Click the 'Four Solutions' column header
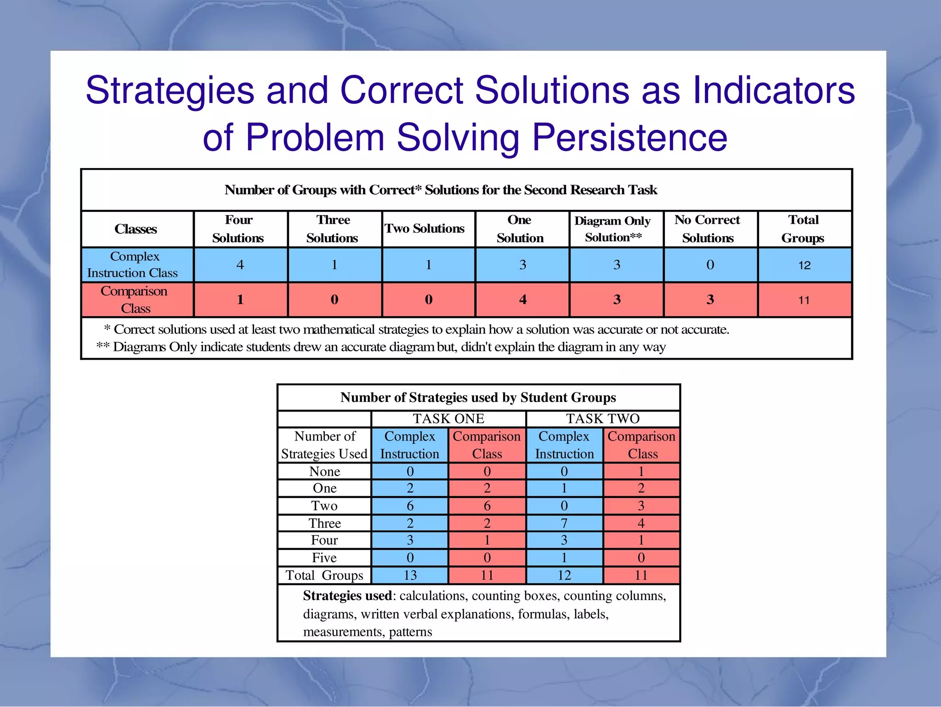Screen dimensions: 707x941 click(x=238, y=229)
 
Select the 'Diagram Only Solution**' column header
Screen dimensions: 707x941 click(x=613, y=229)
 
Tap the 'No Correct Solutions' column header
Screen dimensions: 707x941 click(x=708, y=229)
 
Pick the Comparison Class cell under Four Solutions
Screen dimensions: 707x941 click(x=240, y=300)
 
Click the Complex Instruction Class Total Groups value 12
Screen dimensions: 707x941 click(x=804, y=265)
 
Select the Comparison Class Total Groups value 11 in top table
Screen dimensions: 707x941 click(x=804, y=300)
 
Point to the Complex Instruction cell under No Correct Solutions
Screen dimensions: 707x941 click(x=710, y=265)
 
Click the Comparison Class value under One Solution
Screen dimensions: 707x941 click(x=522, y=300)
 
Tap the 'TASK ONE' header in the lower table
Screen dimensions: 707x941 click(x=448, y=419)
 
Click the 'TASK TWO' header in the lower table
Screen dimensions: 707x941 click(x=602, y=419)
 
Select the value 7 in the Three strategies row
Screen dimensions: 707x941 click(x=564, y=523)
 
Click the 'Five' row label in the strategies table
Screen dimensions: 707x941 click(x=324, y=558)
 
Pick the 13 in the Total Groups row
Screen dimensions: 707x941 click(x=410, y=575)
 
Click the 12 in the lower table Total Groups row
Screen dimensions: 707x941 click(x=564, y=575)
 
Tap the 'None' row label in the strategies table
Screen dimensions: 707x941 click(x=324, y=471)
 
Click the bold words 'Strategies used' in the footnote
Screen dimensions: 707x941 click(x=347, y=596)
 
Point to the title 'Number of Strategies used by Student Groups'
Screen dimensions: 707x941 click(x=478, y=397)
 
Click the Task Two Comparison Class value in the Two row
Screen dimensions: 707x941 click(x=641, y=506)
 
